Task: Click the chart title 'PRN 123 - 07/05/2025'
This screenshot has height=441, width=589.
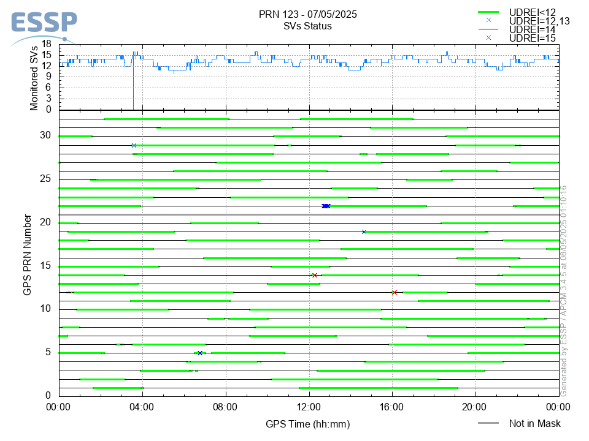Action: [308, 14]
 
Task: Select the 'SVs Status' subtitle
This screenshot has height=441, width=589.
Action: [308, 26]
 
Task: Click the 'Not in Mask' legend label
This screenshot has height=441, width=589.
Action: [534, 423]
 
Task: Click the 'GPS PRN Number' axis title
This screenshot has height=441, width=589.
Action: [28, 254]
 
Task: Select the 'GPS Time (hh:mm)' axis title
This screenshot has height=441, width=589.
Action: [308, 424]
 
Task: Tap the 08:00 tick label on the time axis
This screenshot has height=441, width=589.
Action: [226, 406]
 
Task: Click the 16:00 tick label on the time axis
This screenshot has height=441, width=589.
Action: [392, 406]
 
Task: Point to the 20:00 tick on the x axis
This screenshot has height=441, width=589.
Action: [475, 406]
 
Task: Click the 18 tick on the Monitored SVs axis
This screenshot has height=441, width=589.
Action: [46, 45]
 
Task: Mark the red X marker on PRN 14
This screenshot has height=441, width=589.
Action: [314, 276]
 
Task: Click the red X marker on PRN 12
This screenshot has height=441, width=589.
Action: [394, 293]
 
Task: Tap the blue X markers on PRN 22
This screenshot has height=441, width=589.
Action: [326, 206]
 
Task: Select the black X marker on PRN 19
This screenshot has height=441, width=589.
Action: [364, 232]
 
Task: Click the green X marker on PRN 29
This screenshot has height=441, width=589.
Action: [134, 146]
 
